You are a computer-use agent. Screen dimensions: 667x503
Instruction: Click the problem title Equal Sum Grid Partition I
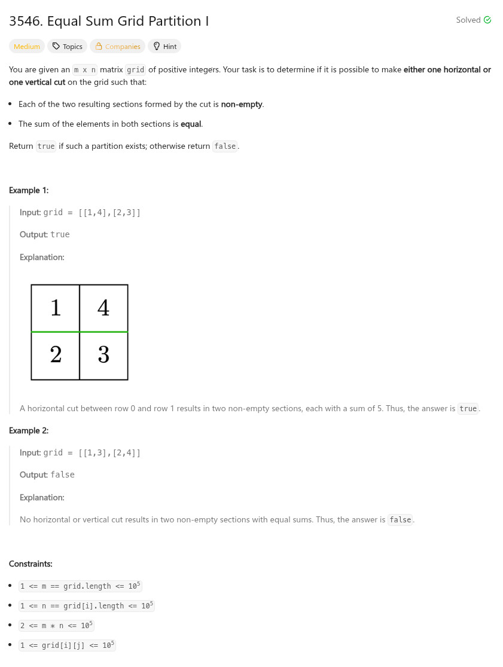click(x=109, y=21)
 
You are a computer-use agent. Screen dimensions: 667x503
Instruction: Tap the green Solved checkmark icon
click(x=487, y=20)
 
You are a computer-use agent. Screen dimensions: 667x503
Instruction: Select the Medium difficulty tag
click(x=27, y=47)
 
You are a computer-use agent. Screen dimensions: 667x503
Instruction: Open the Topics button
click(x=68, y=47)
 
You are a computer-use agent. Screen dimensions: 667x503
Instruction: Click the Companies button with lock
click(x=118, y=47)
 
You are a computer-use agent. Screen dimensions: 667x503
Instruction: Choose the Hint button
click(x=164, y=47)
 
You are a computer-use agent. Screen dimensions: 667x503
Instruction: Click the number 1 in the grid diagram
click(x=56, y=308)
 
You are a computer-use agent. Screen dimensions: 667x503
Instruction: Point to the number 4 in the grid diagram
click(x=103, y=308)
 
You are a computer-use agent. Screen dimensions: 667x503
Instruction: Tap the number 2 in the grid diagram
click(x=56, y=355)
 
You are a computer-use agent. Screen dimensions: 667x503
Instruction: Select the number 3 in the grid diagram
click(x=103, y=355)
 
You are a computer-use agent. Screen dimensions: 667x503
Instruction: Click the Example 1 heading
click(x=29, y=190)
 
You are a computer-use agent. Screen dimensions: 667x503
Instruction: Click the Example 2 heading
click(x=29, y=430)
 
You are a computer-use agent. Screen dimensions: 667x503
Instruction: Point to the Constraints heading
click(x=31, y=564)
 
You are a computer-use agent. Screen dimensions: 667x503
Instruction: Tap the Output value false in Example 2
click(x=63, y=475)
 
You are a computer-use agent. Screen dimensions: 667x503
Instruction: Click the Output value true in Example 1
click(x=60, y=234)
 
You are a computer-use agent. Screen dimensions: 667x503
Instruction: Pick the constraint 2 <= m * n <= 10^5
click(x=56, y=626)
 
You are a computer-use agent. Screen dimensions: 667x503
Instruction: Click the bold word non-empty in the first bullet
click(x=242, y=104)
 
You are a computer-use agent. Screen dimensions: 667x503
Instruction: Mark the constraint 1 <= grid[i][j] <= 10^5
click(x=67, y=645)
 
